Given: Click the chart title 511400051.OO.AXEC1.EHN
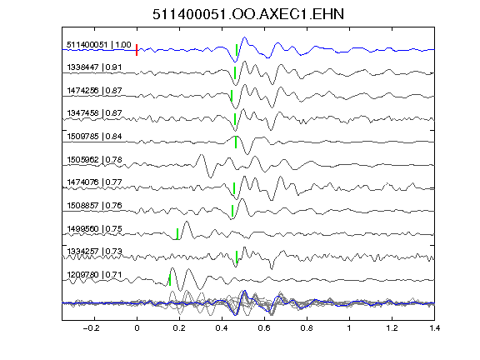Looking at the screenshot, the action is [x=248, y=14].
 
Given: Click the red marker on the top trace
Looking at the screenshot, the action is [x=137, y=50].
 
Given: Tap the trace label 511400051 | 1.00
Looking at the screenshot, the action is [x=99, y=45].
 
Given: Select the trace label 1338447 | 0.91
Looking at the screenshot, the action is [x=94, y=67].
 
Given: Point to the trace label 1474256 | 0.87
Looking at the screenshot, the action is [x=94, y=90].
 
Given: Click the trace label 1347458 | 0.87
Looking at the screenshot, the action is [x=94, y=113].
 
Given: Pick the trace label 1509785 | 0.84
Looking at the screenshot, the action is [x=94, y=136].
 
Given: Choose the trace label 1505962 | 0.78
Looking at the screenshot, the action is [x=94, y=159].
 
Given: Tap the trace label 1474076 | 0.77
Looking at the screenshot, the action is [x=94, y=182].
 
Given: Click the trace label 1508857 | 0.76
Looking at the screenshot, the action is [x=94, y=205].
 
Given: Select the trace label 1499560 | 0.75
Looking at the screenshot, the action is [x=94, y=228].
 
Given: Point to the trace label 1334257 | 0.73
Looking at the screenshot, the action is [x=94, y=252].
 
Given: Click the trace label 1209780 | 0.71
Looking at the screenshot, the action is [x=94, y=275].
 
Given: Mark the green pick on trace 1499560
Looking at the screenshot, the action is [x=177, y=234].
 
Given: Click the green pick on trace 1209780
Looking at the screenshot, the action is [x=170, y=280].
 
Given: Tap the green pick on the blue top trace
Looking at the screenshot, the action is [x=237, y=50].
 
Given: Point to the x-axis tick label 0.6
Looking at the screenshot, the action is [x=264, y=328].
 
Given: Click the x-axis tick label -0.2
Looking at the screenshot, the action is [x=92, y=328].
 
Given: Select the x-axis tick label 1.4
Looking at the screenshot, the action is [x=434, y=328].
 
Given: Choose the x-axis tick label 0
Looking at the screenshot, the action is [x=137, y=328].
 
